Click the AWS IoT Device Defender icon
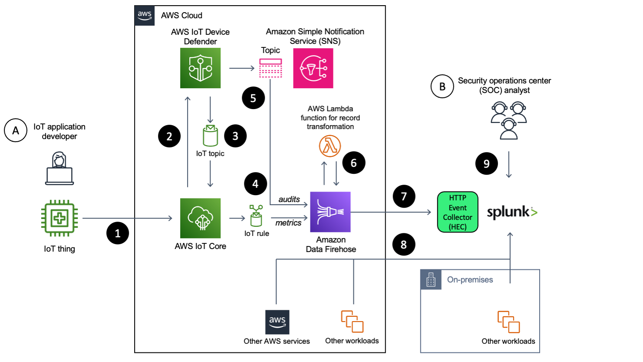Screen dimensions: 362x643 [200, 68]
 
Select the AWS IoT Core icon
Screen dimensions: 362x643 [200, 218]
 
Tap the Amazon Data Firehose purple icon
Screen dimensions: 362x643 [330, 212]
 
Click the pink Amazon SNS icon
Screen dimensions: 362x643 [313, 68]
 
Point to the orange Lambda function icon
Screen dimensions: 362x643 [330, 146]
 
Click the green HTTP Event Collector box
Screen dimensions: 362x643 [458, 212]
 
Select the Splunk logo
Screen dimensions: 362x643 [512, 212]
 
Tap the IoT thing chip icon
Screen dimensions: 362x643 [59, 218]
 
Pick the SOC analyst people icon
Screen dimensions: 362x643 [508, 120]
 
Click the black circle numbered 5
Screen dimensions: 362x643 [253, 98]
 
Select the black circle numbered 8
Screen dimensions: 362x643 [404, 244]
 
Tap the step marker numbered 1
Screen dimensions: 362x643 [118, 233]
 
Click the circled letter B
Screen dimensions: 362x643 [442, 86]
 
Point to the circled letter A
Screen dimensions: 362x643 [16, 130]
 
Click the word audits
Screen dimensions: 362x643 [289, 199]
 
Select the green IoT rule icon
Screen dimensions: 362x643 [256, 216]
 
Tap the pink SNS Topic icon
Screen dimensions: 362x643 [270, 68]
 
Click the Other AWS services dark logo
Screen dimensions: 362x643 [277, 322]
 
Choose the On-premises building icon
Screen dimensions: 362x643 [431, 280]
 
